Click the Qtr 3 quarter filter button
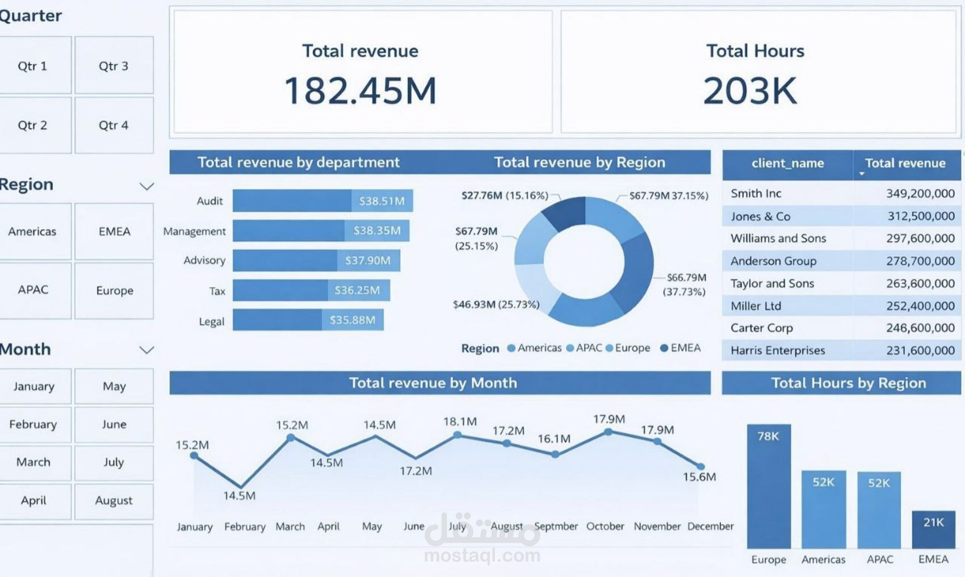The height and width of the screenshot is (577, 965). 114,66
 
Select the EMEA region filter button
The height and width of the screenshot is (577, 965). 114,231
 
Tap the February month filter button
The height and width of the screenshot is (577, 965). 33,424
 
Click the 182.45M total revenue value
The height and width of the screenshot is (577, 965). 360,91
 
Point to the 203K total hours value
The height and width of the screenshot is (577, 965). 750,91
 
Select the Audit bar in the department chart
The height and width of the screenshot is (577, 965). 292,201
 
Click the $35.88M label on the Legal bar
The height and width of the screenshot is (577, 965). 353,320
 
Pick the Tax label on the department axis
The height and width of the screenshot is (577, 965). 217,291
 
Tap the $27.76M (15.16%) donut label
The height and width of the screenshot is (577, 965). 505,195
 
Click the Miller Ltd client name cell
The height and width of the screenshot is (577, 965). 756,306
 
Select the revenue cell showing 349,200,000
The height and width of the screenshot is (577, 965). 920,194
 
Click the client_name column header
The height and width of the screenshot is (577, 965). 787,164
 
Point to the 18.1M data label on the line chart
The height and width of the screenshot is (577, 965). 460,421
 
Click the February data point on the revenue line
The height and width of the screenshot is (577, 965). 241,487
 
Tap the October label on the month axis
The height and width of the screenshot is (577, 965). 605,526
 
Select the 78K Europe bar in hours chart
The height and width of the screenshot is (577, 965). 769,488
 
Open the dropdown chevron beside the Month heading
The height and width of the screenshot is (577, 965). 146,350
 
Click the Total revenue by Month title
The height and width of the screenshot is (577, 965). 433,383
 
